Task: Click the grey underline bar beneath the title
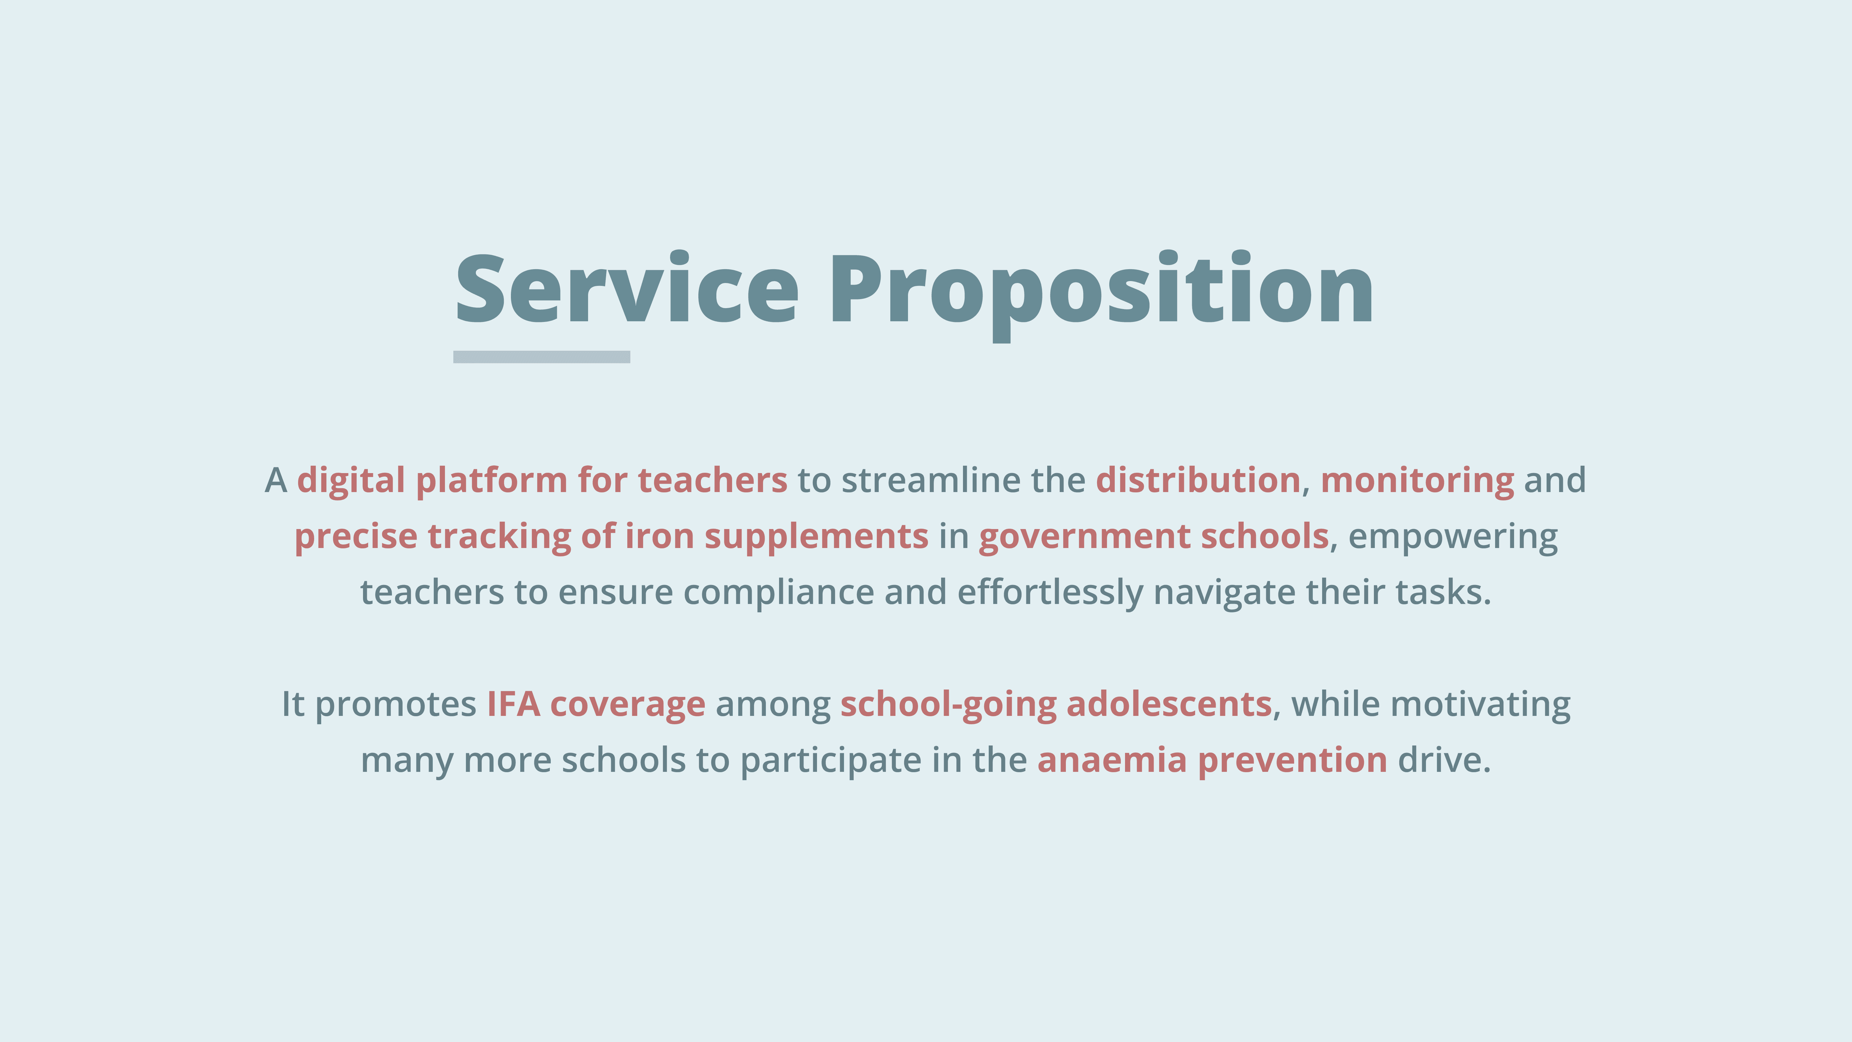541,357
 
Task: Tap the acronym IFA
513,704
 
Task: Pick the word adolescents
1169,704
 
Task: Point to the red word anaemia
1112,760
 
